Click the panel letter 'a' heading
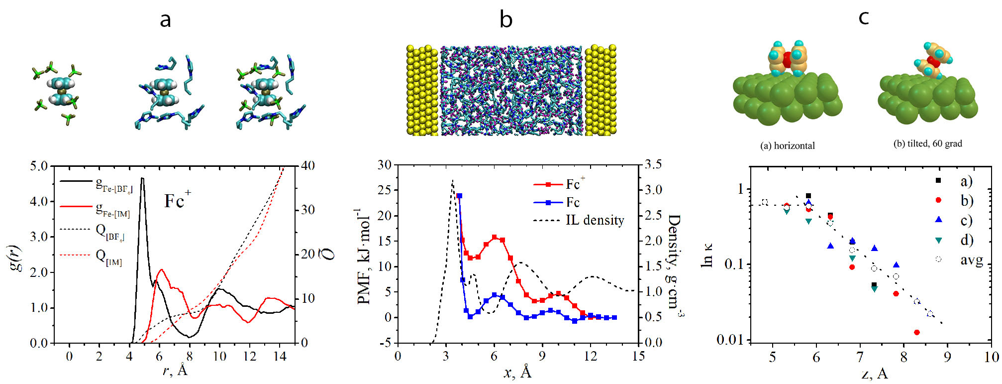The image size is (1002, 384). pos(165,20)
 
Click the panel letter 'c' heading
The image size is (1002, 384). pos(864,18)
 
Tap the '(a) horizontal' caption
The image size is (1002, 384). pos(788,145)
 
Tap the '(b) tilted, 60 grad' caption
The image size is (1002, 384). pos(927,143)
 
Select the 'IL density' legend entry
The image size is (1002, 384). pos(595,220)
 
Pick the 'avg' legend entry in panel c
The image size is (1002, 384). pos(971,259)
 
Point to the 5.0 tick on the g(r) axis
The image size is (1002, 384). pos(39,166)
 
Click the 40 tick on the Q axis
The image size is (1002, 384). pos(308,166)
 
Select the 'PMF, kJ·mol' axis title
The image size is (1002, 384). pos(364,256)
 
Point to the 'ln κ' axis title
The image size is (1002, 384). pos(706,255)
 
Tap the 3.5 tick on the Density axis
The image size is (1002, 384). pos(654,165)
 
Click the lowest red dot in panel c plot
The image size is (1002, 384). pos(917,332)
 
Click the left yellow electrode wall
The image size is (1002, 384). pos(422,90)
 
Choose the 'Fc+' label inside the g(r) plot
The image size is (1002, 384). pos(177,200)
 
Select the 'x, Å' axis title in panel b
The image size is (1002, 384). pos(517,372)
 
